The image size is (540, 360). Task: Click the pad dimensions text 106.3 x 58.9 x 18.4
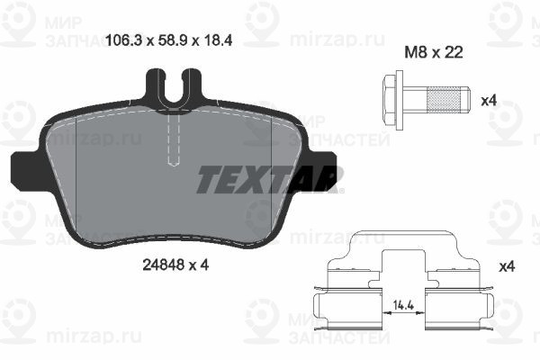169,40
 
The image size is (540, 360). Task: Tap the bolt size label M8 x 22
434,52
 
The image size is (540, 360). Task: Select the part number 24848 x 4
175,265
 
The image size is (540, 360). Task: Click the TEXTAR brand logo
270,179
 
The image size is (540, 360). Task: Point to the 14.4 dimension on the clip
403,304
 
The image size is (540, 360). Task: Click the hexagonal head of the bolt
389,101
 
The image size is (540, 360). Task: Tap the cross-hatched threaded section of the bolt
443,100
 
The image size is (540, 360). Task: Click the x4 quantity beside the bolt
489,101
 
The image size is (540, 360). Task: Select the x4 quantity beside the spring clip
507,266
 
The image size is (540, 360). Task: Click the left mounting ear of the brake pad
24,168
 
